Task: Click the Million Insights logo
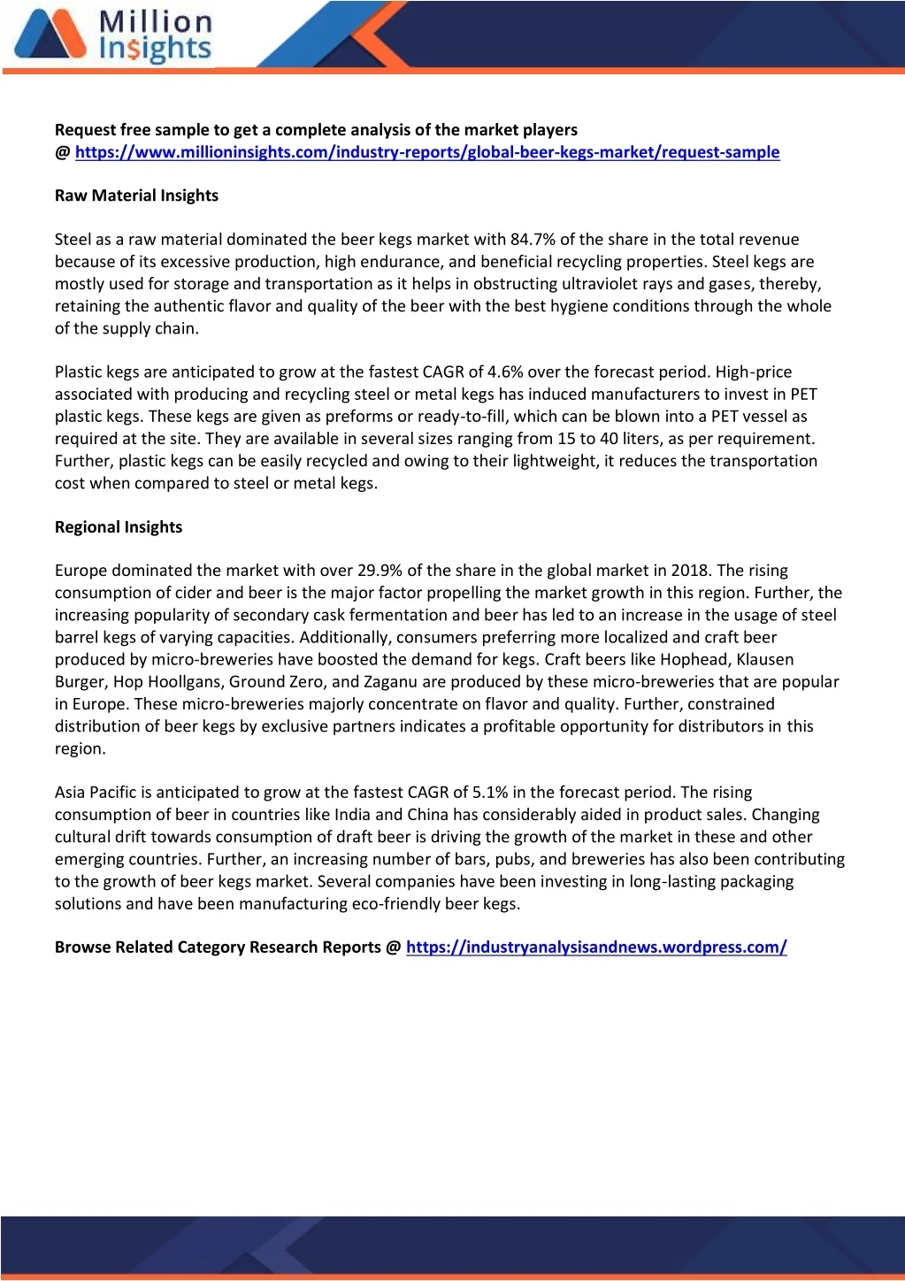tap(113, 37)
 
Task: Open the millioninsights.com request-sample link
tap(427, 152)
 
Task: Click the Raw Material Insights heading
tap(136, 196)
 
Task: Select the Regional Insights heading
tap(119, 527)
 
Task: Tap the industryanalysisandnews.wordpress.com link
tap(596, 947)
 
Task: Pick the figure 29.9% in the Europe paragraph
tap(380, 571)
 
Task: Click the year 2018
tap(690, 571)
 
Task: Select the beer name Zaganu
tap(390, 682)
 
